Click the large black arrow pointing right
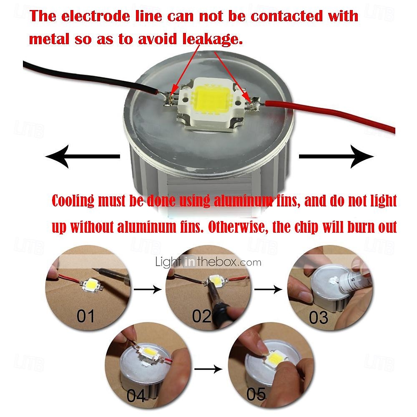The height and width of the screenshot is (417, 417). pos(336,156)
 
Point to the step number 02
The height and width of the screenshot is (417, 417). pos(202,317)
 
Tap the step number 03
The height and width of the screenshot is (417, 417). pos(319,318)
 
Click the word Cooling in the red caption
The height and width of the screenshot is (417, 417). pos(73,201)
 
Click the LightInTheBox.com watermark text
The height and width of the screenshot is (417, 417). pos(208,262)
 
